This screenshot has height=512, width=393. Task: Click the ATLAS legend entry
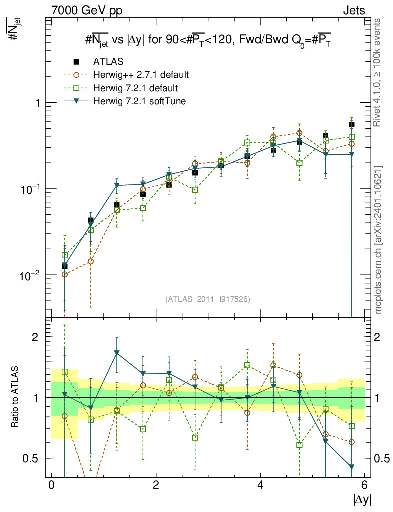click(x=108, y=62)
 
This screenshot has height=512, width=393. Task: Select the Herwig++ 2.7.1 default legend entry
click(x=141, y=75)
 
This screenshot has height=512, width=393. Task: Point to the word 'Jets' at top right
click(x=354, y=10)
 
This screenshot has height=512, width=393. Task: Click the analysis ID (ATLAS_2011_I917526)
click(x=208, y=299)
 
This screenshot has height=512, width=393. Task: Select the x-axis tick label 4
click(x=261, y=485)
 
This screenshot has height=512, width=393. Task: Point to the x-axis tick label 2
click(x=156, y=485)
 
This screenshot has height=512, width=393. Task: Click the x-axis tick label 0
click(x=51, y=485)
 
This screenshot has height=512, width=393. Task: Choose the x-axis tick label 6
click(x=365, y=485)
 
